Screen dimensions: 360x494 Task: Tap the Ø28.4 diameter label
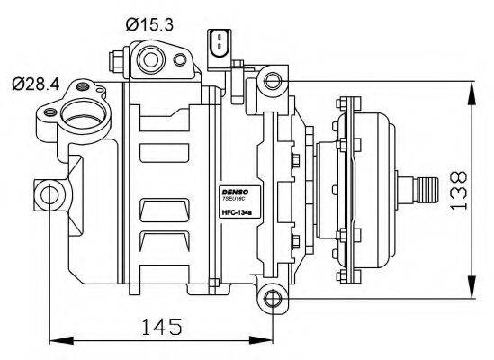(x=35, y=84)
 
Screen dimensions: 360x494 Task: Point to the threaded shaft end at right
(x=424, y=190)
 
